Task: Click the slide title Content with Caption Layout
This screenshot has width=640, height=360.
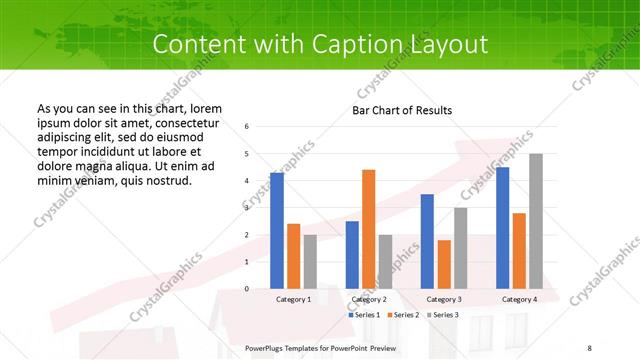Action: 320,45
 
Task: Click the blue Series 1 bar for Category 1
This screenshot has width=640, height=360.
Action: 277,231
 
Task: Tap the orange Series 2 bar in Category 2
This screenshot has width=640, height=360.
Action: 368,229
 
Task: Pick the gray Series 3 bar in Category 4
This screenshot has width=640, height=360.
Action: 536,221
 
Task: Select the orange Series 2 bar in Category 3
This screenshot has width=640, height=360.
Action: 443,264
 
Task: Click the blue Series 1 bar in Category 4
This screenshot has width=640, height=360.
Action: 502,228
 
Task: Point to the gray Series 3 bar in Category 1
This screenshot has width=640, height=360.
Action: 310,261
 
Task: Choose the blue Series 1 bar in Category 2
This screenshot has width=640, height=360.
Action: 352,255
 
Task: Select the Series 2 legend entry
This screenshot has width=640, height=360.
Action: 403,315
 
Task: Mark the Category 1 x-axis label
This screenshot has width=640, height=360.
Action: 293,299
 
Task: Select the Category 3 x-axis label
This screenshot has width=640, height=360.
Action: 443,299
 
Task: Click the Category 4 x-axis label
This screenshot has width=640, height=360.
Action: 518,299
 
